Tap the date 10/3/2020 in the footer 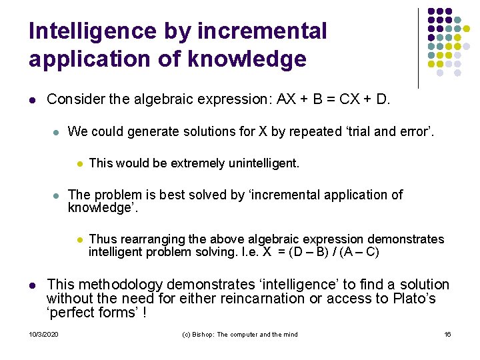(43, 334)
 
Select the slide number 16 (447, 334)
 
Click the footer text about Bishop (240, 334)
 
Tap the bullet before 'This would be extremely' (79, 163)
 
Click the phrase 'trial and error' (394, 131)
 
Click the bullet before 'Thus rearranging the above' (79, 239)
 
